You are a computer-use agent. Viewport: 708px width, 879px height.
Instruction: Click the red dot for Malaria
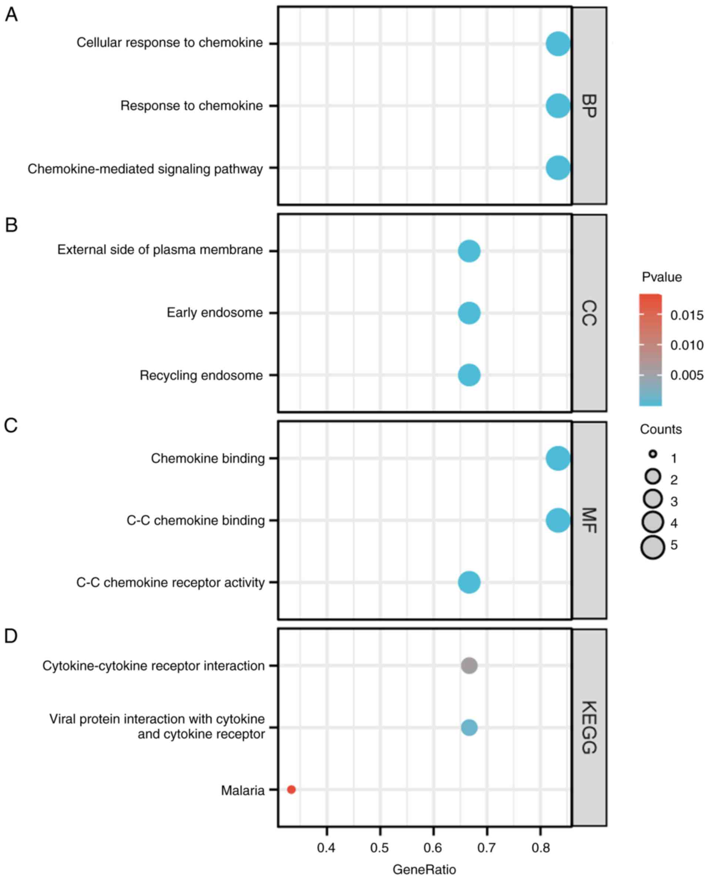click(x=291, y=789)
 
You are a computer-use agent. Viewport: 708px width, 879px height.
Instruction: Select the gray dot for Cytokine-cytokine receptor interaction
click(x=469, y=665)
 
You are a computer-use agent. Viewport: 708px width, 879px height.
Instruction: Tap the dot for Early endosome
click(x=469, y=313)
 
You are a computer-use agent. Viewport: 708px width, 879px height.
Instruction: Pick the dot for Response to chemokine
click(x=557, y=106)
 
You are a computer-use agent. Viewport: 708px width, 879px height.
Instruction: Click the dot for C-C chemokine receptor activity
click(x=469, y=582)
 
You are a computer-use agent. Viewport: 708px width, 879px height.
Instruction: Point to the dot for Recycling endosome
click(x=469, y=375)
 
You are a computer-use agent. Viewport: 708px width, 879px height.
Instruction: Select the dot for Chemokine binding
click(x=557, y=458)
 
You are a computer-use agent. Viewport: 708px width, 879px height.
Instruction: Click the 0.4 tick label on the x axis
click(x=326, y=848)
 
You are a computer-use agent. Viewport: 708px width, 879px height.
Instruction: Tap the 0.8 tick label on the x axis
click(x=540, y=848)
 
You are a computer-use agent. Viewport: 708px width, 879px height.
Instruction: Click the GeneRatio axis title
click(x=424, y=869)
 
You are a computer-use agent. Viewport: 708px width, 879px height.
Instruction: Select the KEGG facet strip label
click(x=589, y=727)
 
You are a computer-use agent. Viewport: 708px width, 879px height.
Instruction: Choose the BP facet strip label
click(x=589, y=106)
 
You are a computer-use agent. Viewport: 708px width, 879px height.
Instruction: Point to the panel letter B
click(x=11, y=225)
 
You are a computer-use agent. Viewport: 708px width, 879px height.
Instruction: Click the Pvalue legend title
click(x=661, y=277)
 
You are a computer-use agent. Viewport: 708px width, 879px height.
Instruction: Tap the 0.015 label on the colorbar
click(x=687, y=315)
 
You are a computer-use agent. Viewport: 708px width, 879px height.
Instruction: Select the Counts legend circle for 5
click(x=653, y=546)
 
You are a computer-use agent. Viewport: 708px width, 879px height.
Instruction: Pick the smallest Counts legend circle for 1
click(x=653, y=454)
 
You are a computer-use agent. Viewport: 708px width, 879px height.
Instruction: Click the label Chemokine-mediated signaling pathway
click(x=145, y=169)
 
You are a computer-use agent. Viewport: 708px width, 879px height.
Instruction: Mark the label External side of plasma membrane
click(x=160, y=250)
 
